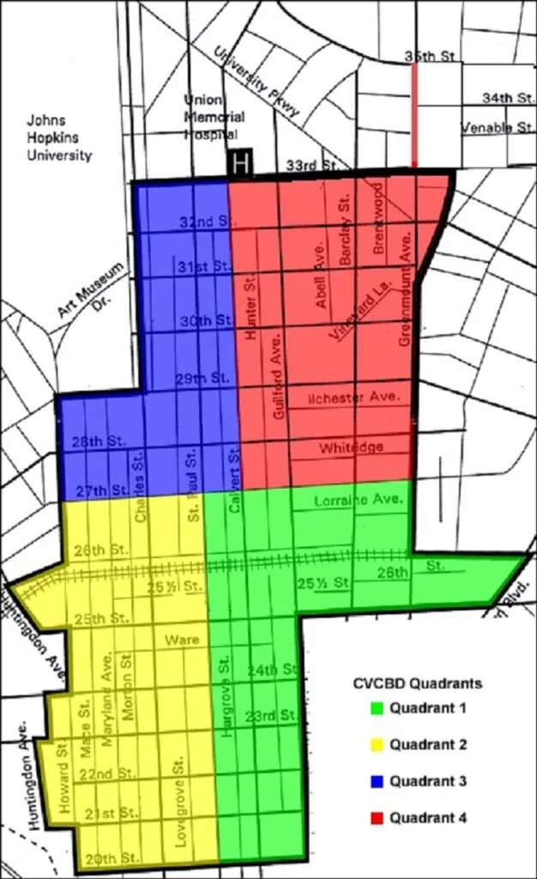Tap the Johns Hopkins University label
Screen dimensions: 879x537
tap(58, 137)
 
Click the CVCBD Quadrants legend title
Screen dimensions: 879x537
tap(418, 683)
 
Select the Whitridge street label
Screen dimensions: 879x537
tap(351, 447)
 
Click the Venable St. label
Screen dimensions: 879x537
tap(498, 127)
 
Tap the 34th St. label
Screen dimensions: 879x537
tap(508, 98)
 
